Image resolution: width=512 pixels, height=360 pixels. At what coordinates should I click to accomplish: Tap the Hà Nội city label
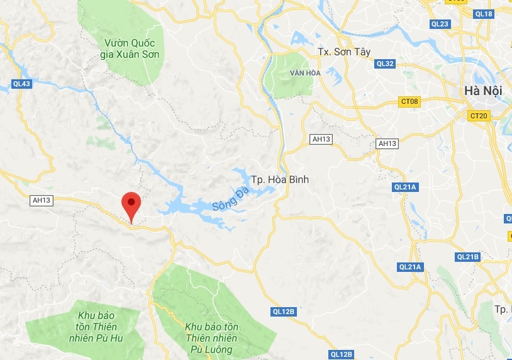pos(483,91)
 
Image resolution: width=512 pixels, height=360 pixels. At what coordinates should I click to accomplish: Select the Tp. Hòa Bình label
pos(280,180)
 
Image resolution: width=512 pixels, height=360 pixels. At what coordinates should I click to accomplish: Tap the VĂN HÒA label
pos(305,73)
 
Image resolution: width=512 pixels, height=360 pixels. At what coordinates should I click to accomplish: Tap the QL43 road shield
pos(21,84)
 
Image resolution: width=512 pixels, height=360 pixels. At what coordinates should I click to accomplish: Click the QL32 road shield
pos(384,64)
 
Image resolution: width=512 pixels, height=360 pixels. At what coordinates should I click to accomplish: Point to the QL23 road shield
pos(440,24)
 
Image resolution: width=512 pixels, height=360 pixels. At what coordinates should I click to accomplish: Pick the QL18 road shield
pos(484,13)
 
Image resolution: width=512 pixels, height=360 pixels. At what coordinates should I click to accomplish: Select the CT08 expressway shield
pos(409,101)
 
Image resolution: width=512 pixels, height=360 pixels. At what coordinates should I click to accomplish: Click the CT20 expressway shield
pos(479,115)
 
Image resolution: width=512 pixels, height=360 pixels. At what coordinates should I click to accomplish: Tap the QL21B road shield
pos(468,257)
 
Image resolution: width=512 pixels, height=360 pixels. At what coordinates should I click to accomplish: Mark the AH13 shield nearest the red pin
pos(41,200)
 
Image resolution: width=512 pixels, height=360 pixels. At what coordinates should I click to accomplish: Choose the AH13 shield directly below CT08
pos(387,143)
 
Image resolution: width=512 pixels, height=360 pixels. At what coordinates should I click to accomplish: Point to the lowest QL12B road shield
pos(341,354)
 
